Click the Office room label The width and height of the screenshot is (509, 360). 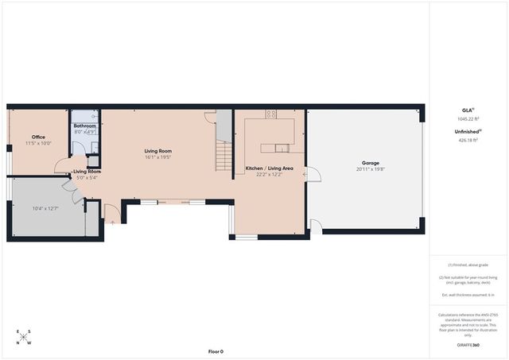tap(37, 137)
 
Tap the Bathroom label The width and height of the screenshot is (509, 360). tap(84, 126)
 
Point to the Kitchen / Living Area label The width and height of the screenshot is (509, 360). tap(269, 168)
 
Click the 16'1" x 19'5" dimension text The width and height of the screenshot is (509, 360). tap(158, 157)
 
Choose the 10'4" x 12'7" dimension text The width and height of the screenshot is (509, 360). tap(45, 208)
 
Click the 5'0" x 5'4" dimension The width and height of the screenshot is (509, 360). tap(86, 178)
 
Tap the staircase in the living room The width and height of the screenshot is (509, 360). tap(224, 154)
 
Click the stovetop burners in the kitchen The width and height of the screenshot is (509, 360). tap(270, 114)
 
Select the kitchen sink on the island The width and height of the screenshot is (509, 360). tap(282, 147)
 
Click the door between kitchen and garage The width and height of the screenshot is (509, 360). tap(312, 174)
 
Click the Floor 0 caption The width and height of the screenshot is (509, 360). tap(216, 351)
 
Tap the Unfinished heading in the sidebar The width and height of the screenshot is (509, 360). tap(466, 132)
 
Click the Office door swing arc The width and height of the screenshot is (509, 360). tap(60, 166)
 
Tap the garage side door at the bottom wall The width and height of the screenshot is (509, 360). tap(316, 226)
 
